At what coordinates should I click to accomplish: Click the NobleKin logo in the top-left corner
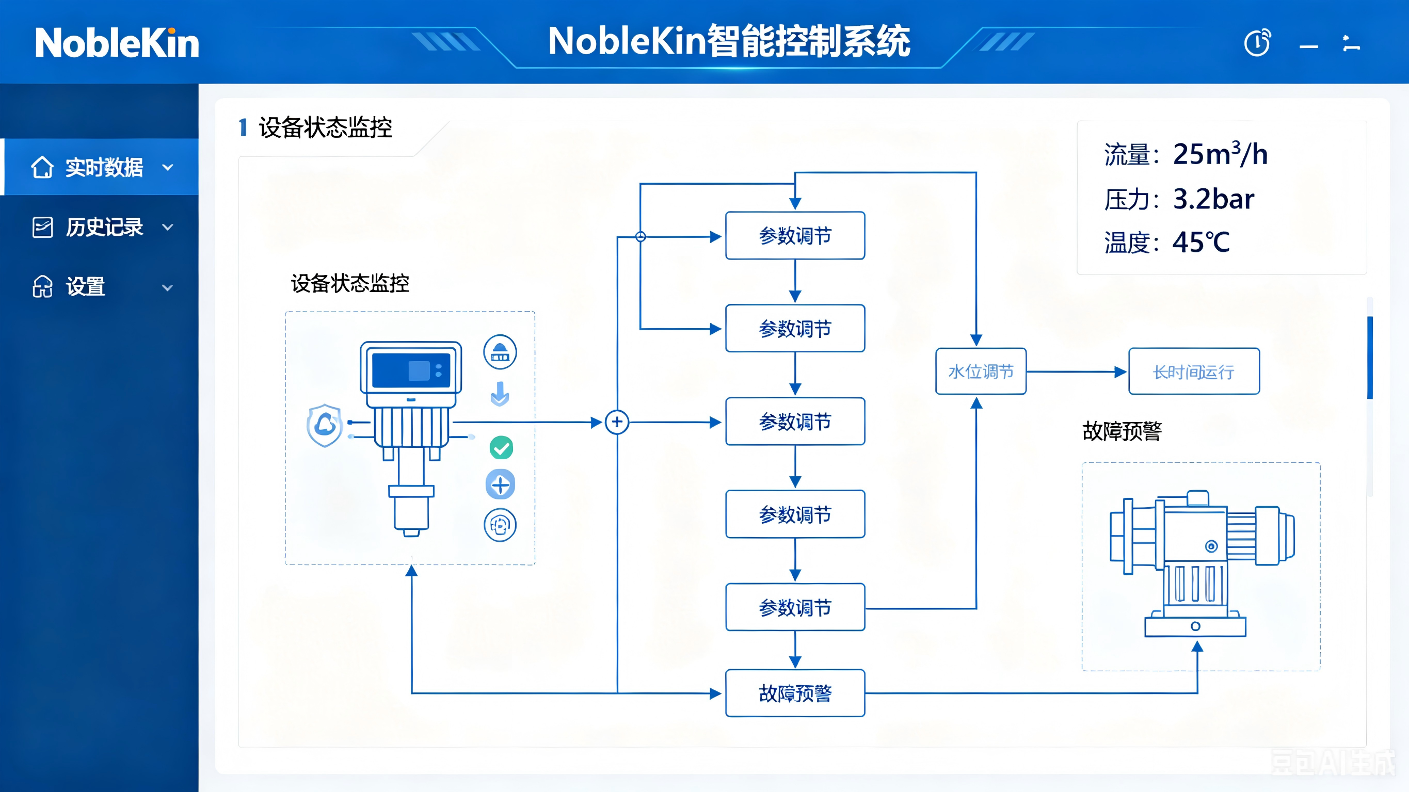(x=117, y=43)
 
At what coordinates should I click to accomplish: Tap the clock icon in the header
(x=1257, y=43)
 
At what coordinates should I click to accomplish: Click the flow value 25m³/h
(x=1220, y=154)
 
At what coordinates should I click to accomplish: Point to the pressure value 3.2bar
(x=1213, y=199)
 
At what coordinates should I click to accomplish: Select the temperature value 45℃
(x=1201, y=243)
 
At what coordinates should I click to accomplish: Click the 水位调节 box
(x=981, y=371)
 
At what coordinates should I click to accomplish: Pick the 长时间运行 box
(x=1194, y=371)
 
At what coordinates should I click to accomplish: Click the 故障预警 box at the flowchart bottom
(x=795, y=693)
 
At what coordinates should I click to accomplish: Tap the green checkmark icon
(x=501, y=448)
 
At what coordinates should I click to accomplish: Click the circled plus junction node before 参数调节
(x=617, y=422)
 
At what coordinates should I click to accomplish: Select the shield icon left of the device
(x=325, y=425)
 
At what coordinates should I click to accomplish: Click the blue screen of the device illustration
(x=411, y=370)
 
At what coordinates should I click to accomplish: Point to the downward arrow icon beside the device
(x=500, y=394)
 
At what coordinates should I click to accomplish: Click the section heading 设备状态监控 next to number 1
(x=326, y=127)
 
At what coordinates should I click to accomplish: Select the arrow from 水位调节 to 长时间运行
(x=1076, y=372)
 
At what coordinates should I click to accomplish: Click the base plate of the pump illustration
(x=1196, y=627)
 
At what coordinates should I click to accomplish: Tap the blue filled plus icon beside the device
(x=501, y=484)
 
